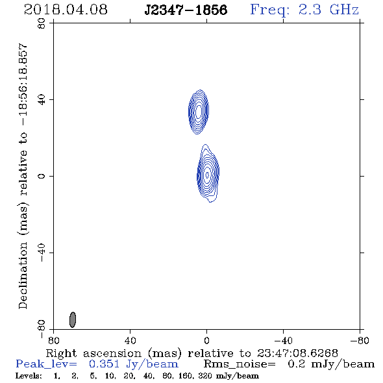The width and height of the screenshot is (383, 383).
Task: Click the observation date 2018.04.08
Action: click(66, 10)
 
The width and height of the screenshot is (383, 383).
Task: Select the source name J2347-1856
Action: click(186, 10)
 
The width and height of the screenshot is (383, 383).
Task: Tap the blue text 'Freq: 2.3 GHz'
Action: click(304, 10)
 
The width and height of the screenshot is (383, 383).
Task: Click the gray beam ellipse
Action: click(73, 319)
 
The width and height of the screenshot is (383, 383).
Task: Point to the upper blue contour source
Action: click(199, 112)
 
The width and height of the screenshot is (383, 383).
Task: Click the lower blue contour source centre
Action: click(207, 175)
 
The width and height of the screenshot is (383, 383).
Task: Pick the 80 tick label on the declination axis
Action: click(42, 23)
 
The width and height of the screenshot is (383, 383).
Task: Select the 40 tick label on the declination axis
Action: click(42, 100)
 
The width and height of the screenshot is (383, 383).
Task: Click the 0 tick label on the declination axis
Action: click(42, 176)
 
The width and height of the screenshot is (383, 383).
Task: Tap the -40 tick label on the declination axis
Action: click(42, 253)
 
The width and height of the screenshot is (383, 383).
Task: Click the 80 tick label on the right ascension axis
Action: click(53, 341)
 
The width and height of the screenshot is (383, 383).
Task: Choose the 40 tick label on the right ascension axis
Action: click(130, 341)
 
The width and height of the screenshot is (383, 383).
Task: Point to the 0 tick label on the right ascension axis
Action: click(206, 341)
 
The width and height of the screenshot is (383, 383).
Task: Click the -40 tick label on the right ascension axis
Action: click(283, 341)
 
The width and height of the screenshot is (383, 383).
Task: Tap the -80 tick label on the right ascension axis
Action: click(360, 341)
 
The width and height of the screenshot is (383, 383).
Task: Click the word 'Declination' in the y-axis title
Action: click(23, 275)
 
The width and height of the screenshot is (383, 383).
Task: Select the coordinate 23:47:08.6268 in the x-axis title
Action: click(297, 353)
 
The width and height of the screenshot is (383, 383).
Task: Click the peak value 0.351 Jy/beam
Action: click(133, 364)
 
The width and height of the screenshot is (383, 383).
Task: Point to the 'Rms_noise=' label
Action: click(240, 364)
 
